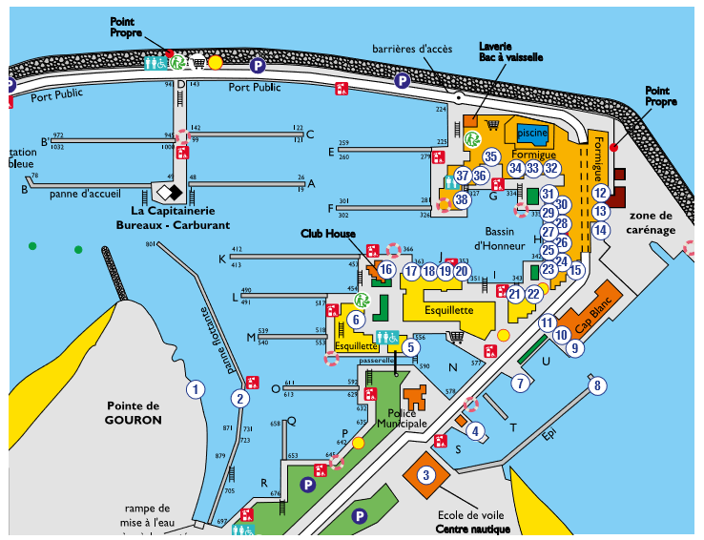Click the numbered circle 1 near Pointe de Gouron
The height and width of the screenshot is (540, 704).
point(196,388)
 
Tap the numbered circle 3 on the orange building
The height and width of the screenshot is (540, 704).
point(426,474)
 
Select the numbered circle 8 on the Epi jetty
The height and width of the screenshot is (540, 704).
point(598,385)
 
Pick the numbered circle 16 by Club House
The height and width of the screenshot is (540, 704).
point(385,270)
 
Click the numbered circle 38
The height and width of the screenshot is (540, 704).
point(463,200)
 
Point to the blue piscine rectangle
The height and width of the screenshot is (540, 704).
point(532,134)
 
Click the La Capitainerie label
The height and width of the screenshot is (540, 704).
point(178,211)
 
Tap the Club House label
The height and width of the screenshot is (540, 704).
point(328,233)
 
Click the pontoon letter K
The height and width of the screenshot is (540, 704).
point(222,258)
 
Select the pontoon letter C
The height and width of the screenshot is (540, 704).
point(310,134)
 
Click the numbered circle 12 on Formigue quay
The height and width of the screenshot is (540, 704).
point(599,193)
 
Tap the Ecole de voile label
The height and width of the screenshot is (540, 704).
point(471,515)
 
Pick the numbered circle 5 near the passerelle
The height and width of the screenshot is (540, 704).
point(410,347)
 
